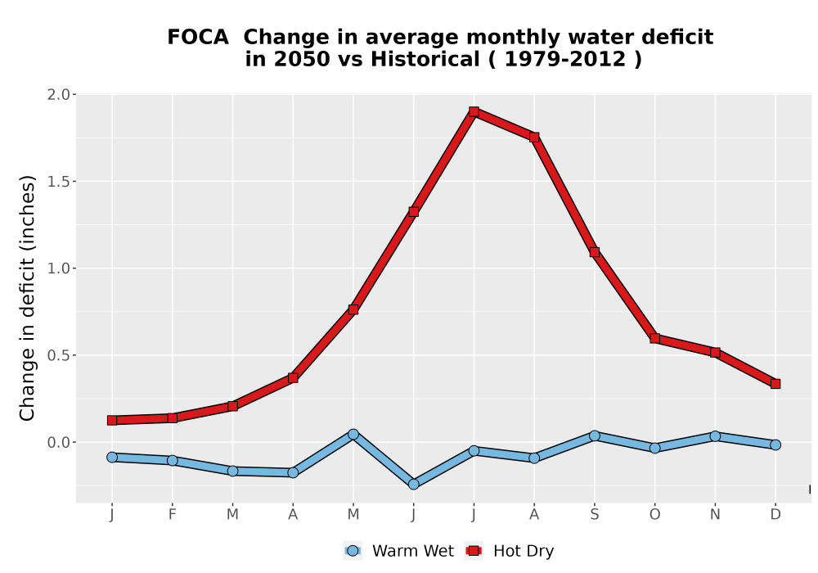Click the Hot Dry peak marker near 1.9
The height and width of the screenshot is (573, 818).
474,111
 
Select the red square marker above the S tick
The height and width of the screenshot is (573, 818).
594,252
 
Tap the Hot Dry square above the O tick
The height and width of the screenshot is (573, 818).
654,338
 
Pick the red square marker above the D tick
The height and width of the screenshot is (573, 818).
775,384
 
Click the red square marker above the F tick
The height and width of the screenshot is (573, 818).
172,418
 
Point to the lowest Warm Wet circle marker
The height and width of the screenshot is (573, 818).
413,485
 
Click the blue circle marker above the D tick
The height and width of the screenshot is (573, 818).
775,444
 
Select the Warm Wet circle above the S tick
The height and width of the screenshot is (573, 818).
594,435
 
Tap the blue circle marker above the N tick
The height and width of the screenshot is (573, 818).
715,435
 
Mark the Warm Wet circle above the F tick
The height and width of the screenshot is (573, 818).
172,460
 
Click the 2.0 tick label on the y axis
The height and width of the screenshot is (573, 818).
58,94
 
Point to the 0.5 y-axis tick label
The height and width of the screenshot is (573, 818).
58,355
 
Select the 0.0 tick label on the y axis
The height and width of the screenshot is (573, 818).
58,443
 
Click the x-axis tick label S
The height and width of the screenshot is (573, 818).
594,515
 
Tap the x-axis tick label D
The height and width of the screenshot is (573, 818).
775,515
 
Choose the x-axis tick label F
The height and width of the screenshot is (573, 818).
172,515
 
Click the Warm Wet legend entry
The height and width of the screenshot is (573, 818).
399,551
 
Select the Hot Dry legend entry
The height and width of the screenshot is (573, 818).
509,551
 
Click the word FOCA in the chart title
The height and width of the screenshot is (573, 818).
198,37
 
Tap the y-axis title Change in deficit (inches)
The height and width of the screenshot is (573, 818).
27,298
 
